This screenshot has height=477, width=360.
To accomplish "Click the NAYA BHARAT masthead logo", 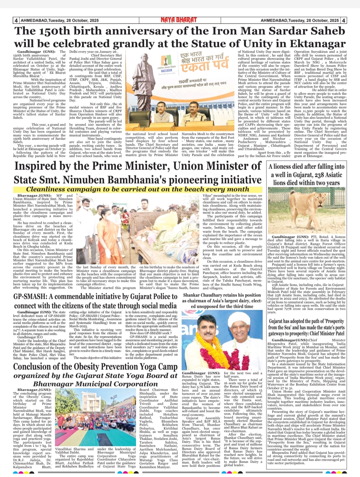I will (x=179, y=20).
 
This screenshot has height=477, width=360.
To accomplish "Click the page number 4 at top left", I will (x=16, y=20).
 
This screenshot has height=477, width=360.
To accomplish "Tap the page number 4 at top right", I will (x=343, y=20).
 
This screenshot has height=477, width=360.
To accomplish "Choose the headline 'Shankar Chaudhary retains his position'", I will (x=222, y=295).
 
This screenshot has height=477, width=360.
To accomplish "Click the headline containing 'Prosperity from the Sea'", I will (x=306, y=327).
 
